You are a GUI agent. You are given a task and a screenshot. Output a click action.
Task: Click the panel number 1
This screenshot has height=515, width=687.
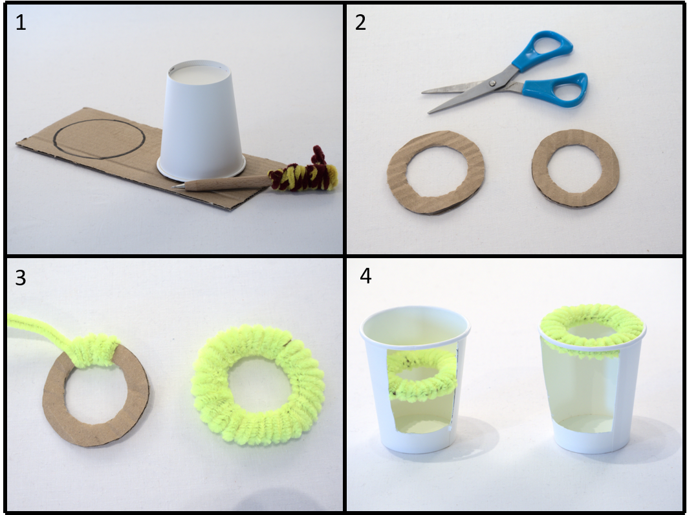20,23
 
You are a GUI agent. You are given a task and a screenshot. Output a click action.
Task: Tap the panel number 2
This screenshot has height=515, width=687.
360,23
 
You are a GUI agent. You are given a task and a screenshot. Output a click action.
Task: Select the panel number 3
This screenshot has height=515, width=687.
21,278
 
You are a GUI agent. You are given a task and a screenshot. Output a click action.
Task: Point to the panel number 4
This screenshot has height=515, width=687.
366,276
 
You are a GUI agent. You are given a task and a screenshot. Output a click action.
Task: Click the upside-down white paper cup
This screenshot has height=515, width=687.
201,120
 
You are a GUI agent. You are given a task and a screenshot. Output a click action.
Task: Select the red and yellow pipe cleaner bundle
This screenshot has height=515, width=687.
305,173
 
